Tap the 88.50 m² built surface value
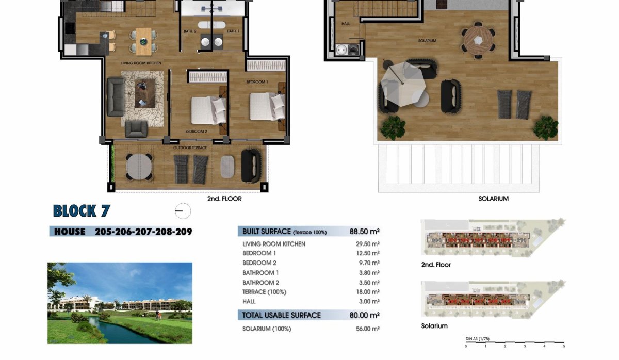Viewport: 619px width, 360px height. point(364,232)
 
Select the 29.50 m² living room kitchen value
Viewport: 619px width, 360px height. point(368,244)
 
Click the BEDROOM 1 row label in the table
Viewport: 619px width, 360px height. point(259,253)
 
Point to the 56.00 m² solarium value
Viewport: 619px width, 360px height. point(368,329)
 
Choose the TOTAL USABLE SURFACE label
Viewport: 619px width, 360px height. point(282,315)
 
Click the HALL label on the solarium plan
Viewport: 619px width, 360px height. point(346,24)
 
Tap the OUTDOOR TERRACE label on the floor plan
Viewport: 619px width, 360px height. point(190,148)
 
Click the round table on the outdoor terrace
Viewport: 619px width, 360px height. point(139,166)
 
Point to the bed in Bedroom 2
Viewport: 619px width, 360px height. point(208,110)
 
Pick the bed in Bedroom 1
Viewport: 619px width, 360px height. point(266,106)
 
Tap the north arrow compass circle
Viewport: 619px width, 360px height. point(183,211)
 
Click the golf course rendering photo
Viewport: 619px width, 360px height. point(120,303)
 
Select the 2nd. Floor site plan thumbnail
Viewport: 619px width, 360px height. point(493,239)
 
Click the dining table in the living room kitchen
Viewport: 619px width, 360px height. point(143,41)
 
